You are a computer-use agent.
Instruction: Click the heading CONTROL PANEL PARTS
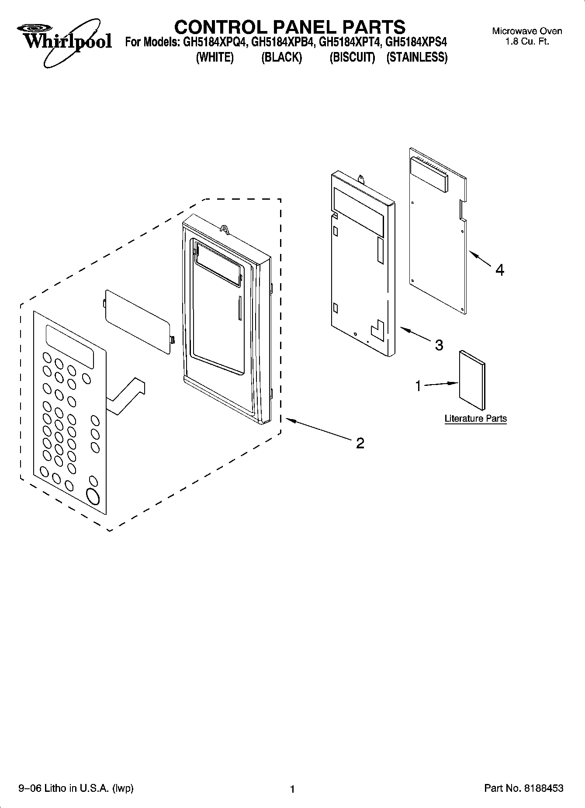(x=290, y=27)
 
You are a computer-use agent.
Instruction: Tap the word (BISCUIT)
(x=352, y=58)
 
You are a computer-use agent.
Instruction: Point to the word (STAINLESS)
(x=417, y=58)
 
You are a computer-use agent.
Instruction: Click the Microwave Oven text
(x=527, y=31)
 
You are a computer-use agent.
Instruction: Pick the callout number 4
(x=500, y=270)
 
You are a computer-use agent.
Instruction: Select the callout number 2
(x=360, y=443)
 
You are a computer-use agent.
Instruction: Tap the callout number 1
(x=418, y=386)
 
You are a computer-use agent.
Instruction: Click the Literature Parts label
(x=475, y=419)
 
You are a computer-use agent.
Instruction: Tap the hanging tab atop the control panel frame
(x=225, y=229)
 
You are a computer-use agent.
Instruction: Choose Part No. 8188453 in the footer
(x=523, y=788)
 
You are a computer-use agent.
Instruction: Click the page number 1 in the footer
(x=293, y=789)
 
